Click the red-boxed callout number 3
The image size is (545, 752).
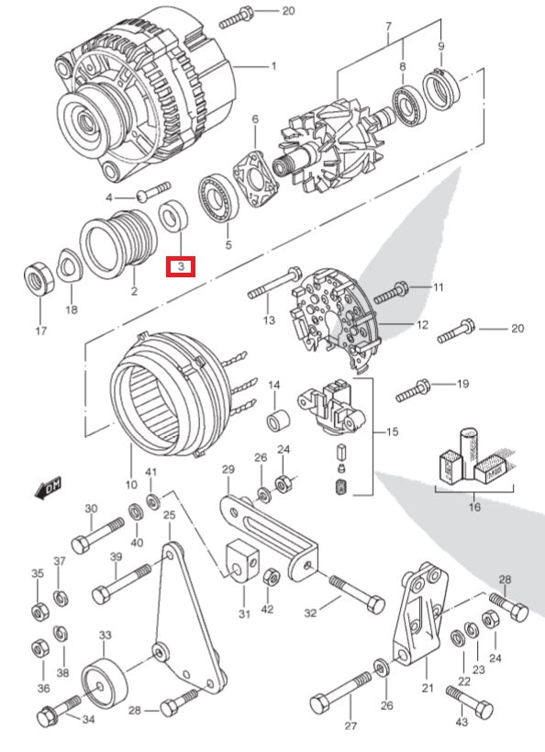(181, 266)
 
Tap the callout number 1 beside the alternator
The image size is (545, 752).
(273, 66)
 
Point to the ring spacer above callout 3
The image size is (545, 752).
(173, 218)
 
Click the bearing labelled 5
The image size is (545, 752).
(219, 199)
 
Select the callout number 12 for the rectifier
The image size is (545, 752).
(422, 325)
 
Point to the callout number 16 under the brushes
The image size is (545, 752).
(474, 507)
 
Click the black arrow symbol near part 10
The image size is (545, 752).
(49, 488)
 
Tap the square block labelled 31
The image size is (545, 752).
(242, 560)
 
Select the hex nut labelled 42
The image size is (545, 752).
(272, 577)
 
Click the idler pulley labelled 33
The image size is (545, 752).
(105, 681)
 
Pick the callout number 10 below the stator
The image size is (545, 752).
(131, 485)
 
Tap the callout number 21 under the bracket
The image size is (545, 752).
(428, 687)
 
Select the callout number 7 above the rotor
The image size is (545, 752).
(389, 27)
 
